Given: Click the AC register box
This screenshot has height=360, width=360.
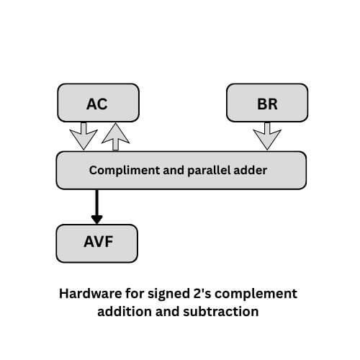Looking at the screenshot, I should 96,102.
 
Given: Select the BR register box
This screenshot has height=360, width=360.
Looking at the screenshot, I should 267,102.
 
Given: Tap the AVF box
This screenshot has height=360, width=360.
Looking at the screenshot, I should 96,243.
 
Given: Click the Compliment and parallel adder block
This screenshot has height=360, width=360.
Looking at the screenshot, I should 181,171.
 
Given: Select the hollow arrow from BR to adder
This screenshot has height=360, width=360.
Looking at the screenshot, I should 267,135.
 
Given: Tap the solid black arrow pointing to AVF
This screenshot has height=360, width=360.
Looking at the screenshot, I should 97,207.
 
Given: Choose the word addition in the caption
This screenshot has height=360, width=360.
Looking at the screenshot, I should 126,312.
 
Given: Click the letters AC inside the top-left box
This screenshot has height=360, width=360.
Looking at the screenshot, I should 96,103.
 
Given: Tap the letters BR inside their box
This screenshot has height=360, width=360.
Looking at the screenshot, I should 267,103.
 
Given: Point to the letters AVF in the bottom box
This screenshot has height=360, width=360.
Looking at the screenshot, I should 96,243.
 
